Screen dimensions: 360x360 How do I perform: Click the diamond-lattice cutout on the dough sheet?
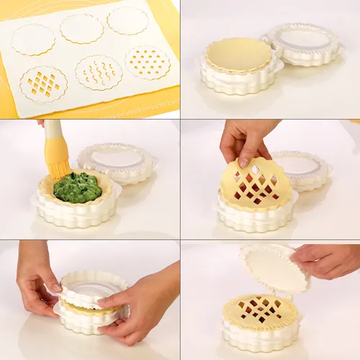(x=43, y=84)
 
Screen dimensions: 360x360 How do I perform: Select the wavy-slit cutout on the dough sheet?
(x=99, y=72)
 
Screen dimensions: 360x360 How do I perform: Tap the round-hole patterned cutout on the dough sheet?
(x=148, y=62)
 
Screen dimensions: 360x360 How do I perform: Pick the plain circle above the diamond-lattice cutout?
(x=33, y=39)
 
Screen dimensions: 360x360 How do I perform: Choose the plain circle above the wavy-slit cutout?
(x=81, y=29)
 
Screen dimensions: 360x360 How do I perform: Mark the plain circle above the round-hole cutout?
(x=127, y=20)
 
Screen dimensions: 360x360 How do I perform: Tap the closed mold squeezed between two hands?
(x=90, y=302)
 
